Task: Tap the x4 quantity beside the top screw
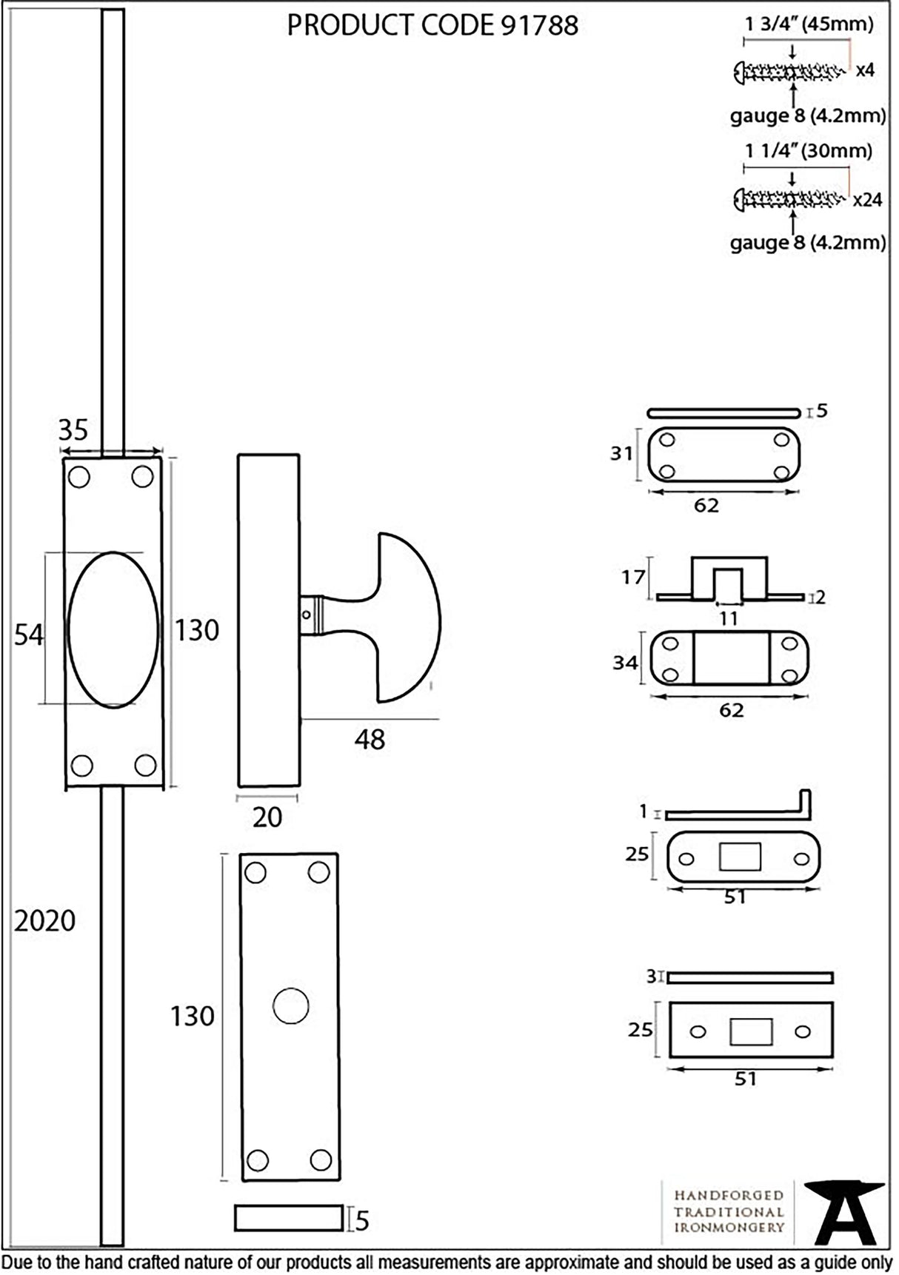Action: (864, 71)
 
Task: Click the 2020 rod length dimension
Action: (45, 920)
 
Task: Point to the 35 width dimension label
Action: (73, 429)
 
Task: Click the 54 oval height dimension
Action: (29, 635)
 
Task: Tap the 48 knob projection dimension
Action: (370, 739)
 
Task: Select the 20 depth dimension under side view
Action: (267, 817)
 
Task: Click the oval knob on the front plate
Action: (113, 629)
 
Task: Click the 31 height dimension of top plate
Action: (621, 453)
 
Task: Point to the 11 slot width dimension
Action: (729, 618)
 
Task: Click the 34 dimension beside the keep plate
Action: (625, 662)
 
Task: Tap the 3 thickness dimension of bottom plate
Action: (651, 977)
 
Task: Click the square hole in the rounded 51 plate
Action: (739, 857)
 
